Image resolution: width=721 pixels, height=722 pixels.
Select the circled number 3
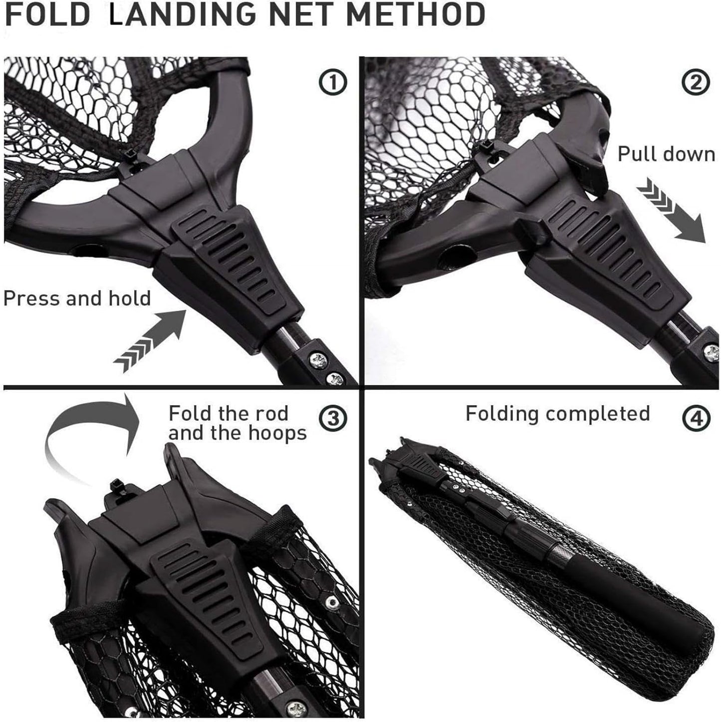click(333, 418)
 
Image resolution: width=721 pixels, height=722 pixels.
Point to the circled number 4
click(697, 418)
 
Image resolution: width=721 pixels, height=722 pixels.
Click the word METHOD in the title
click(415, 15)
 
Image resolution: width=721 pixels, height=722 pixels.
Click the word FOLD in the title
click(47, 15)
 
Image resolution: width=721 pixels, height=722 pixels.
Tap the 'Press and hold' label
click(77, 298)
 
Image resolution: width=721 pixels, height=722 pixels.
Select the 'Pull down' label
click(666, 154)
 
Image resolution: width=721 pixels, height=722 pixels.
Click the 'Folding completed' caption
click(557, 414)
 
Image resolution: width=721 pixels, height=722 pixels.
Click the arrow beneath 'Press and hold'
click(150, 339)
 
